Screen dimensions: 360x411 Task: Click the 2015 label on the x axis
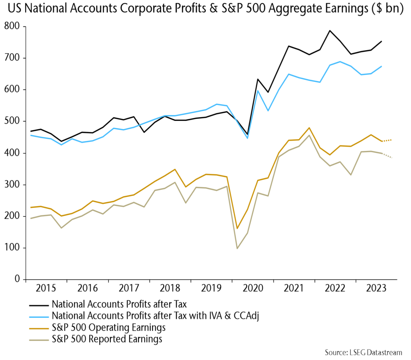(x=45, y=289)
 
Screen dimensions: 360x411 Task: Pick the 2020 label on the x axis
(x=253, y=289)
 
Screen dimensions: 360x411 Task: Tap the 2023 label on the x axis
(x=377, y=289)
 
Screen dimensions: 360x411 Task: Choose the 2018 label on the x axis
(x=170, y=289)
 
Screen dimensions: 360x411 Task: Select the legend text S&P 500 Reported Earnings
(x=107, y=339)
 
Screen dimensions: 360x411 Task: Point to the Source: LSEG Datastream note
(x=363, y=352)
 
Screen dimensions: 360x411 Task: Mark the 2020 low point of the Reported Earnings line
(x=237, y=248)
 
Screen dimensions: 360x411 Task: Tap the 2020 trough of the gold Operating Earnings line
(x=237, y=228)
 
